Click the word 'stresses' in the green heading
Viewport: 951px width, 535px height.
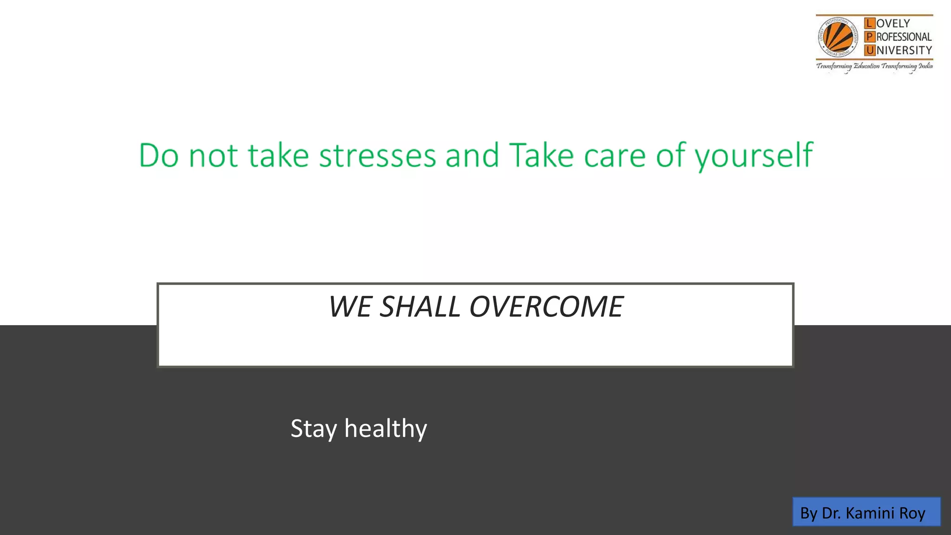[x=377, y=156]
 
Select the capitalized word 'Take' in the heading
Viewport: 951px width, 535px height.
[x=541, y=156]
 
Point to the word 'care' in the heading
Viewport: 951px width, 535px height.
[x=615, y=157]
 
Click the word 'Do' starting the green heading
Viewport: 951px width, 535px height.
[x=159, y=156]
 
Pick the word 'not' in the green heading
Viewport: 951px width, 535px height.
[x=213, y=157]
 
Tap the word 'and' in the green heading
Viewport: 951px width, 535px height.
[x=472, y=156]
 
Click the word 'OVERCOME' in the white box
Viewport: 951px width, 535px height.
[x=546, y=307]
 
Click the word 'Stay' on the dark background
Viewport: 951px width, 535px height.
[x=313, y=429]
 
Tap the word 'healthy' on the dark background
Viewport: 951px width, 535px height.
[x=385, y=429]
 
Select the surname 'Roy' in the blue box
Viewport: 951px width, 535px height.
[x=912, y=513]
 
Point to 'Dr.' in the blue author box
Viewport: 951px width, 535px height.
[x=831, y=513]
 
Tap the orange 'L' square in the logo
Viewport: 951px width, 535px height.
[x=869, y=23]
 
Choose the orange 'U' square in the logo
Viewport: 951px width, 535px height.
[x=869, y=50]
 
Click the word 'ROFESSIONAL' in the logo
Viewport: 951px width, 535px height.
[x=904, y=37]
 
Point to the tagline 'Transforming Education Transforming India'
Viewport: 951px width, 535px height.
[x=874, y=66]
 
